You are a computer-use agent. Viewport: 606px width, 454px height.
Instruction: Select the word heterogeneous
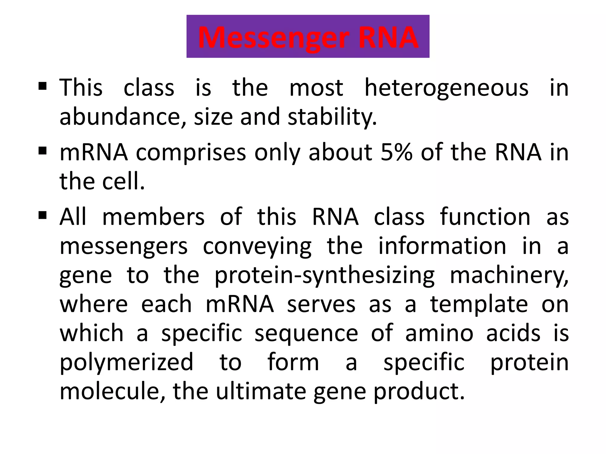(x=446, y=88)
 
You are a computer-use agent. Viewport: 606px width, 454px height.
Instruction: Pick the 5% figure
(x=396, y=153)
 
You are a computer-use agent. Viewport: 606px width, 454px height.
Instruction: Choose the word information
(x=442, y=246)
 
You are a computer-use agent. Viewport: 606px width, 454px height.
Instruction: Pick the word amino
(x=439, y=333)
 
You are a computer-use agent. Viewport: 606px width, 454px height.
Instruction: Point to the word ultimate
(x=261, y=391)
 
